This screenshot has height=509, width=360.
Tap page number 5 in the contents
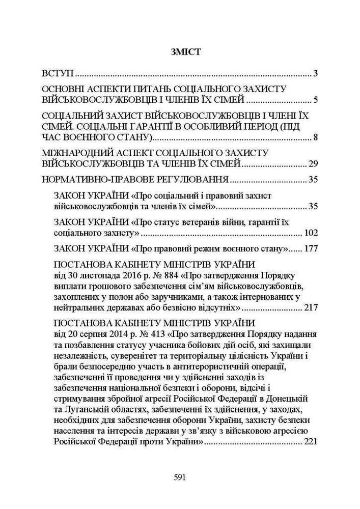tap(316, 99)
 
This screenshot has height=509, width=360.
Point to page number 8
tap(316, 137)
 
